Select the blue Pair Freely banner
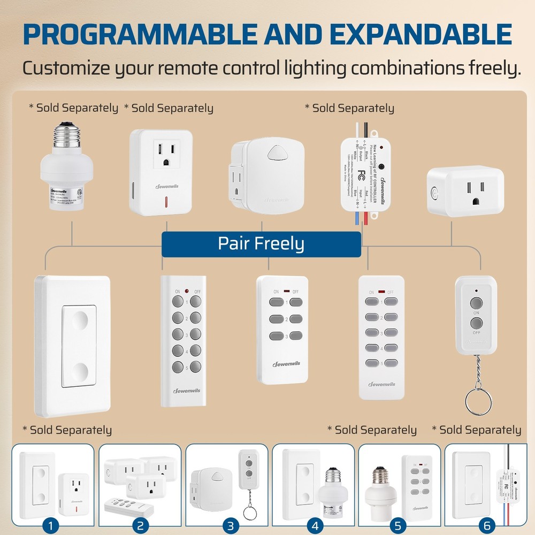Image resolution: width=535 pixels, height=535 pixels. [261, 244]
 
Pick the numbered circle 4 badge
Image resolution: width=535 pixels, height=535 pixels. [315, 525]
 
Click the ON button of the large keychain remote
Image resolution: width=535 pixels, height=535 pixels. [476, 303]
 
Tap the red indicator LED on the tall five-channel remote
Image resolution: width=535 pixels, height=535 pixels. [187, 291]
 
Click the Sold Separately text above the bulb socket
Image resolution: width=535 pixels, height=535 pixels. [74, 108]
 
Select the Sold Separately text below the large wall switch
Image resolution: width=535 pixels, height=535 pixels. [67, 430]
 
